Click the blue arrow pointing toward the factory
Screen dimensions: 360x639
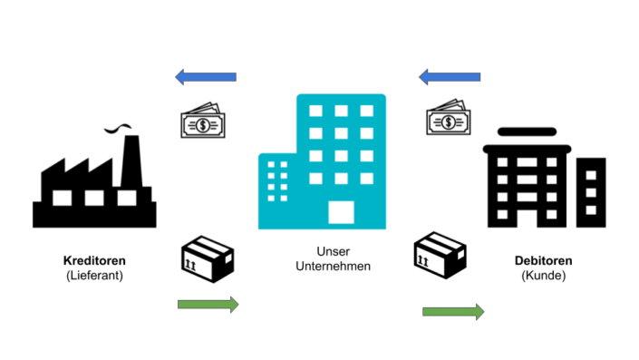tap(206, 77)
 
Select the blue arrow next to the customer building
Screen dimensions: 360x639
tap(450, 77)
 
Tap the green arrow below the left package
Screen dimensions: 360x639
tap(208, 305)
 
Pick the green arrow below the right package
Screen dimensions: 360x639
tap(452, 312)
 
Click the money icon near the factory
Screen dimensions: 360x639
tap(203, 122)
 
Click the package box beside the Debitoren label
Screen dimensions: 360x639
tap(440, 255)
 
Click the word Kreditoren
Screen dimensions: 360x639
tap(94, 260)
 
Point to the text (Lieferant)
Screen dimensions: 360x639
tap(94, 276)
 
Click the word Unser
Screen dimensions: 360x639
tap(333, 250)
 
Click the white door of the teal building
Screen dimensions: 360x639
tap(341, 212)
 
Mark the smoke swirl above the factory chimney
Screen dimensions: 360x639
tap(116, 128)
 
